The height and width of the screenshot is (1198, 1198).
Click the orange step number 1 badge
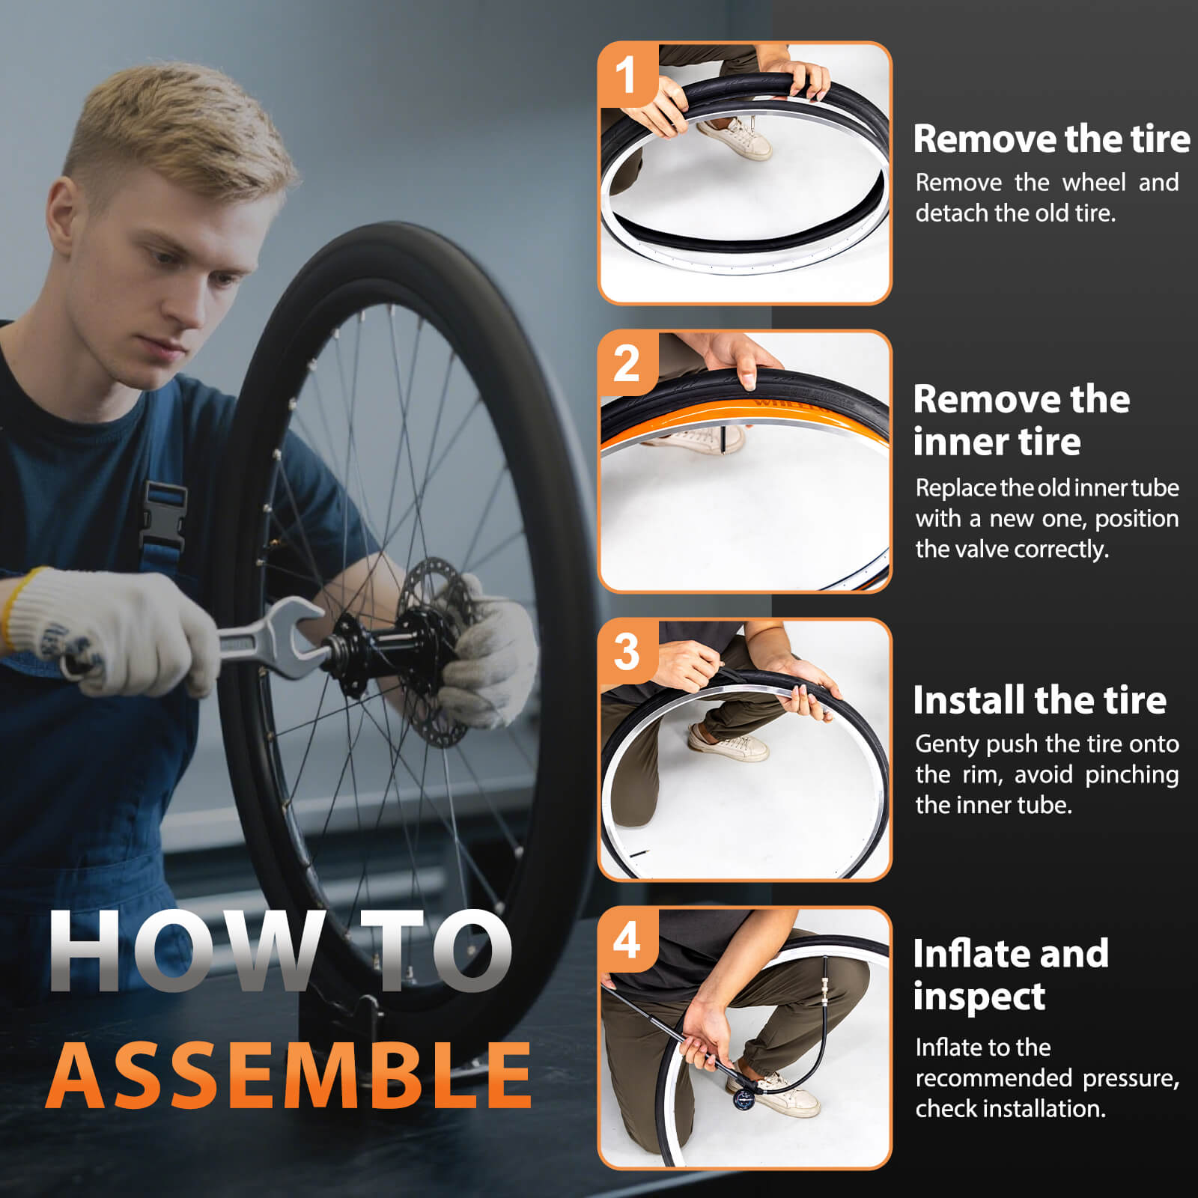(x=627, y=76)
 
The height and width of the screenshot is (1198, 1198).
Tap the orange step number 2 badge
(x=627, y=364)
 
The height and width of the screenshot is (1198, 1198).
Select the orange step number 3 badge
(x=627, y=651)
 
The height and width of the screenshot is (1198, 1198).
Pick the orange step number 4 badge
(x=627, y=940)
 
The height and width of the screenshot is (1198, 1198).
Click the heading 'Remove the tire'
(x=1051, y=139)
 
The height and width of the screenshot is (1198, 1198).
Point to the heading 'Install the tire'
(x=1039, y=700)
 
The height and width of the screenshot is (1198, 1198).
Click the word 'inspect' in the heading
(x=979, y=997)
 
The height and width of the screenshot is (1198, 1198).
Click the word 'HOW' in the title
(x=184, y=952)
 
